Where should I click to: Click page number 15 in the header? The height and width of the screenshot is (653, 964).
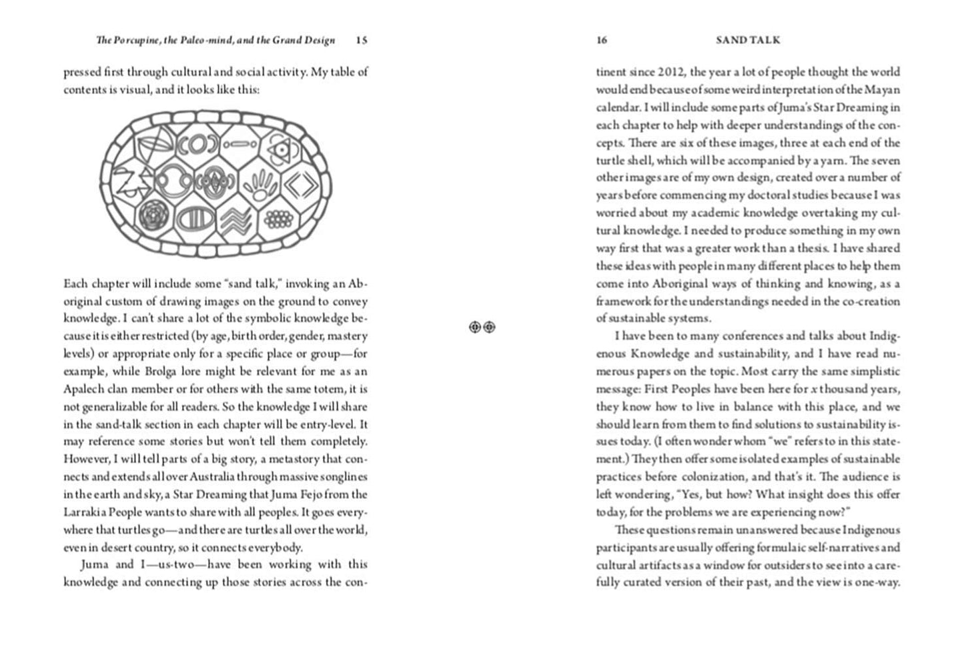[361, 40]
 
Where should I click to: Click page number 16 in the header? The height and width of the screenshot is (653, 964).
[601, 40]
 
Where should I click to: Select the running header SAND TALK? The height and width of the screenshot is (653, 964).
[748, 40]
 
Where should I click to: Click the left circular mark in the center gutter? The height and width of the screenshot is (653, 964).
[475, 327]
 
